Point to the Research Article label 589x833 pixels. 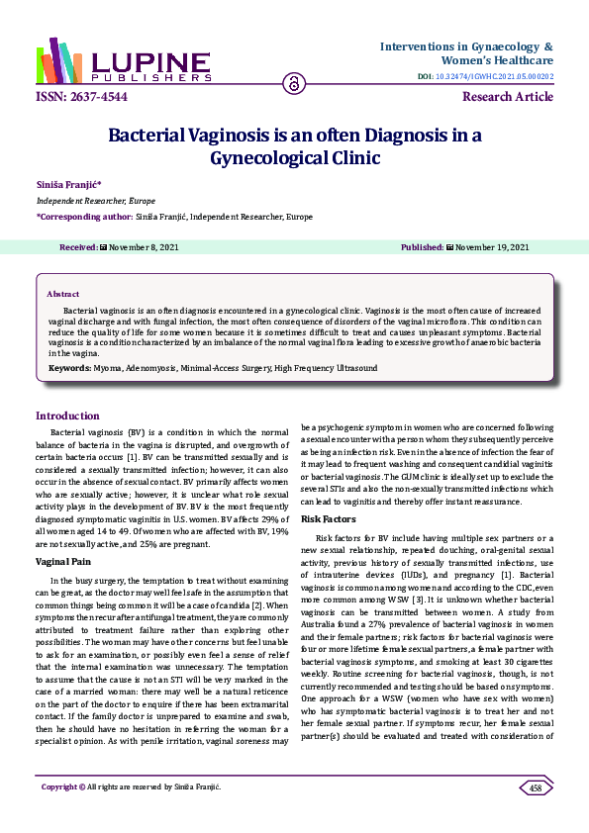click(508, 96)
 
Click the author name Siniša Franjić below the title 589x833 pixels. click(68, 183)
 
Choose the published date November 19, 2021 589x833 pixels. click(486, 246)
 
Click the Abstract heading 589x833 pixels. click(64, 294)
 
